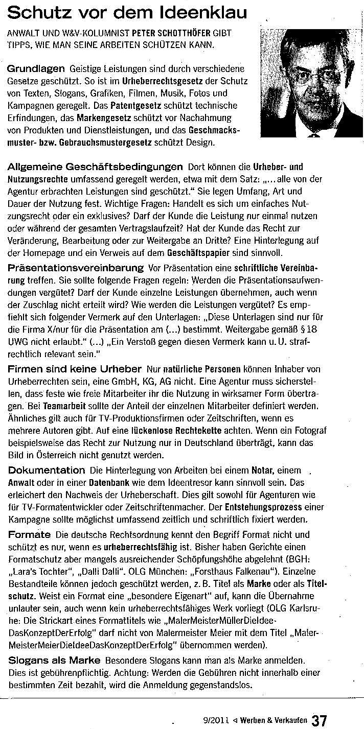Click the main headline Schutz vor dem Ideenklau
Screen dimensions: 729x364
[x=127, y=13]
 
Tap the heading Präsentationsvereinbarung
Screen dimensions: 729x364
[x=76, y=267]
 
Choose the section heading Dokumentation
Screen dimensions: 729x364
[x=47, y=470]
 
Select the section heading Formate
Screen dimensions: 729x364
[x=29, y=534]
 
